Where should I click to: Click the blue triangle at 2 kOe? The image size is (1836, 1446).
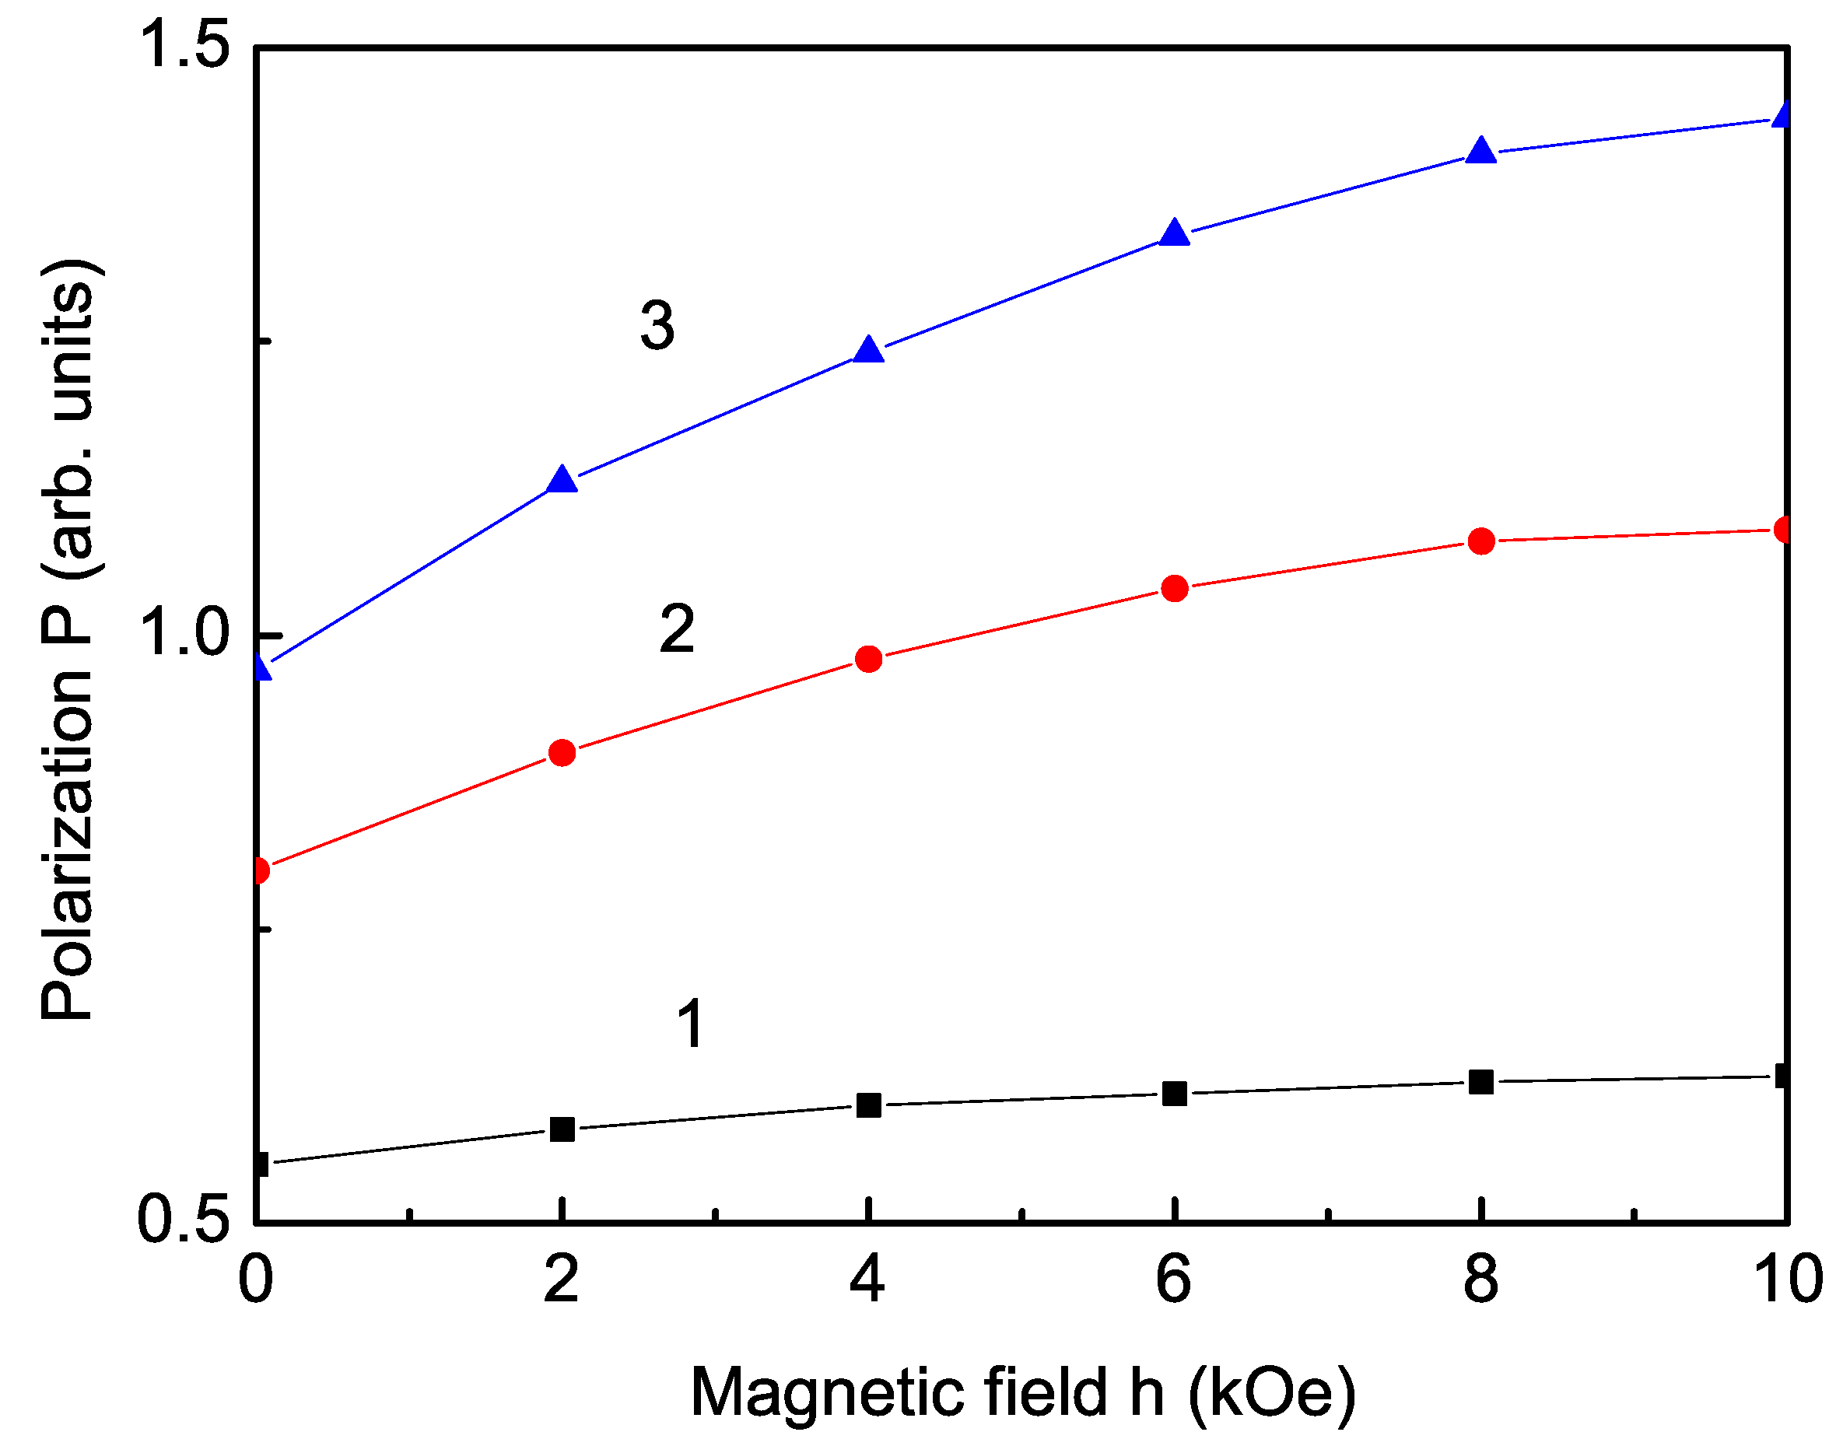tap(562, 481)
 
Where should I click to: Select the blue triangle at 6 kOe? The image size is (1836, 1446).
tap(1174, 233)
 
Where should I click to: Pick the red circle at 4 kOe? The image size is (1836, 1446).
tap(868, 659)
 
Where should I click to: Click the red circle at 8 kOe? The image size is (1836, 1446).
tap(1480, 540)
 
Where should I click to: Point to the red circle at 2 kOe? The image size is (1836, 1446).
tap(562, 753)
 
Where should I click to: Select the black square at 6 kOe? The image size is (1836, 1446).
tap(1174, 1094)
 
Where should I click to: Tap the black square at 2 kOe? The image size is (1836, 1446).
tap(562, 1129)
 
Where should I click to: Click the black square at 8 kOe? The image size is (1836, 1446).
tap(1480, 1082)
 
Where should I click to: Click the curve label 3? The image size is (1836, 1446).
tap(657, 325)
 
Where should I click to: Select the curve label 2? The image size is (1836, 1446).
tap(677, 630)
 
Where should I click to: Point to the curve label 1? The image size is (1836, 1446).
tap(691, 1024)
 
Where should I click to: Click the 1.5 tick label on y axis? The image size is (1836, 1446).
tap(184, 44)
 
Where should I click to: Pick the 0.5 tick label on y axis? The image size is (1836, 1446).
tap(184, 1219)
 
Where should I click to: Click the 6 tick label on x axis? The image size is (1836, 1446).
tap(1174, 1278)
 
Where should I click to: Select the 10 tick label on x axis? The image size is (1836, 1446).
tap(1787, 1278)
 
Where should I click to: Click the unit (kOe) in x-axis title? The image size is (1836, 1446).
tap(1271, 1392)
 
